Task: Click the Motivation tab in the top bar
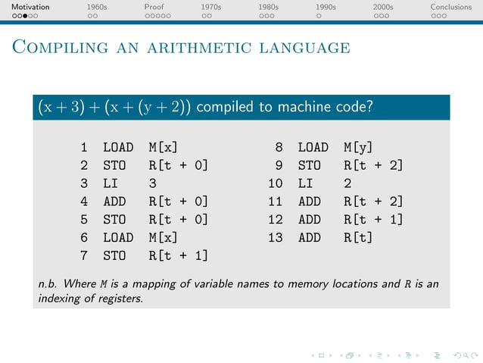(x=25, y=7)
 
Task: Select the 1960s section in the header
(x=96, y=7)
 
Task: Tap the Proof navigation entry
(x=154, y=7)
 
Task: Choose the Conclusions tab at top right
(x=451, y=7)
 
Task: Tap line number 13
(x=275, y=237)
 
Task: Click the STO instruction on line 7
(x=115, y=255)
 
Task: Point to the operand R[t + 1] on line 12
(x=372, y=220)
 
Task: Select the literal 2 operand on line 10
(x=347, y=183)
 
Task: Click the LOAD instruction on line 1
(x=118, y=147)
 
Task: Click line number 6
(x=85, y=237)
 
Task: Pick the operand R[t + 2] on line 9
(x=372, y=165)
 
